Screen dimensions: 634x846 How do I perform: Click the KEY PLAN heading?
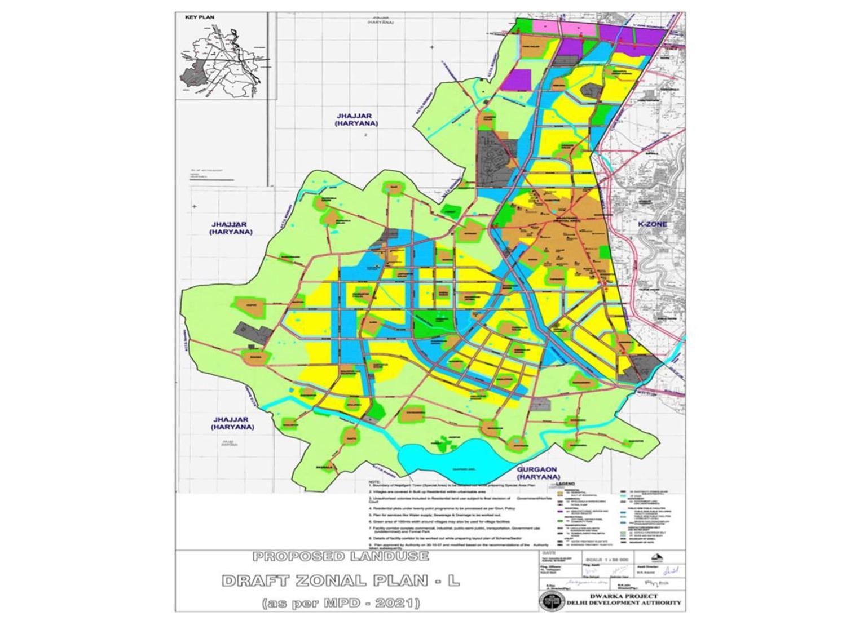coord(200,17)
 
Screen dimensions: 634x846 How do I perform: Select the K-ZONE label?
coord(652,224)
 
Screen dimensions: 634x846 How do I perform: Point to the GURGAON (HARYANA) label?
coord(536,473)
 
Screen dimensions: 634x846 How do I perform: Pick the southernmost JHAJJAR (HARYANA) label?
coord(233,423)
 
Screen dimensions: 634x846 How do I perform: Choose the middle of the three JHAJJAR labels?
coord(231,228)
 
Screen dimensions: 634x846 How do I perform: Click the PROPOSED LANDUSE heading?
coord(341,557)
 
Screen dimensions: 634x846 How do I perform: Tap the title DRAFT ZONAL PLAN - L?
coord(341,580)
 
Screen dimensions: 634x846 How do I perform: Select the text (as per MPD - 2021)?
coord(341,604)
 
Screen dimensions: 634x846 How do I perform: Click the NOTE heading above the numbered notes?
coord(373,482)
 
